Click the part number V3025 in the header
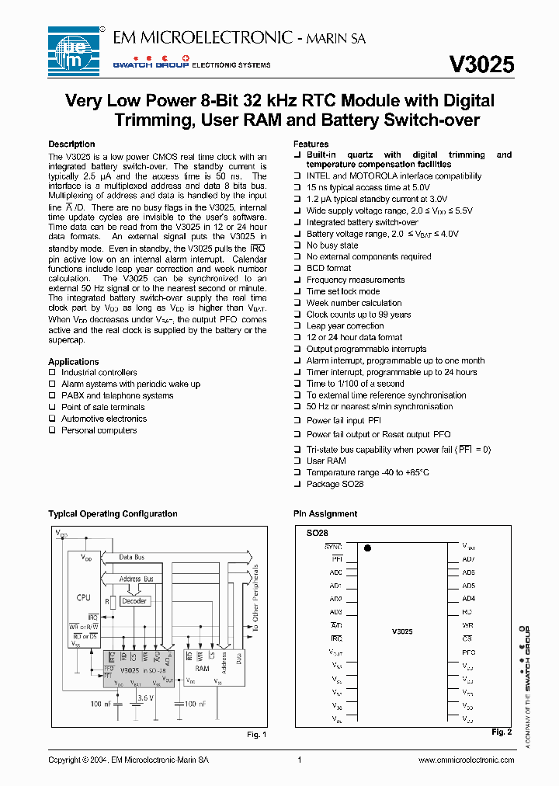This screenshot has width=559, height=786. click(x=481, y=65)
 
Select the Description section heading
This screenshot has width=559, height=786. click(x=71, y=144)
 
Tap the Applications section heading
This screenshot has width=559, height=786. click(x=73, y=362)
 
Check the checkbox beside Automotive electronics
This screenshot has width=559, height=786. click(x=53, y=419)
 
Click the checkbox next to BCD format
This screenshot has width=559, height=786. click(x=297, y=268)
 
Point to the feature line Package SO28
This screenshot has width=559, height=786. click(x=335, y=485)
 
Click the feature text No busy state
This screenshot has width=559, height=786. click(x=332, y=245)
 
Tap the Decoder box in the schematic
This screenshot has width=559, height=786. click(x=134, y=601)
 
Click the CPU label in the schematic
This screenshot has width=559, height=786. click(x=83, y=597)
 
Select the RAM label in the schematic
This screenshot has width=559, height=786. click(x=202, y=668)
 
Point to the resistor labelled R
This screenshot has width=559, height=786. click(x=113, y=603)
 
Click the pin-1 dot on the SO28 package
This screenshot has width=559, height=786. click(x=367, y=548)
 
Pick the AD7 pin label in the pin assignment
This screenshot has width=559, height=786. click(x=468, y=559)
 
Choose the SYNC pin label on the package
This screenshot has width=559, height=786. click(x=333, y=547)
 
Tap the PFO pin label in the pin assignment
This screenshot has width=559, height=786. click(x=468, y=652)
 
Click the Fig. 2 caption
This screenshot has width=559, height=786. click(x=502, y=732)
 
